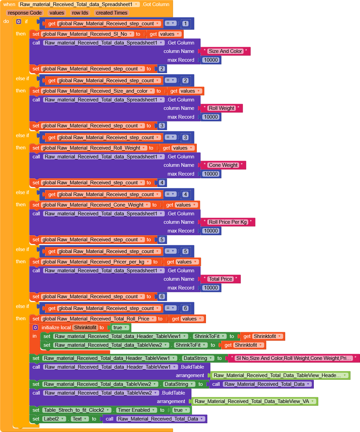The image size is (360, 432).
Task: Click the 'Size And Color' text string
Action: coord(225,51)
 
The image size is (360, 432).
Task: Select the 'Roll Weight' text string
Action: coord(221,108)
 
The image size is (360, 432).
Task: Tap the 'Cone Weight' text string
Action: coord(223,165)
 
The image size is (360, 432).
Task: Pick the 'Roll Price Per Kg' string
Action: coord(228,222)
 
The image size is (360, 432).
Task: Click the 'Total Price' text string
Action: coord(220,279)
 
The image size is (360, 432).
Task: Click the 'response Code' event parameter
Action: coord(25,13)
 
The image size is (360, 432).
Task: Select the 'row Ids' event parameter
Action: coord(80,13)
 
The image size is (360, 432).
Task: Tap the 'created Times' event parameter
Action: coord(112,13)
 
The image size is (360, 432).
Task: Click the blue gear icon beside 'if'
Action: coord(19,22)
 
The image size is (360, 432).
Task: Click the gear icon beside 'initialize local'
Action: coord(35,328)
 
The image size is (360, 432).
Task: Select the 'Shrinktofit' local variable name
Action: coord(85,328)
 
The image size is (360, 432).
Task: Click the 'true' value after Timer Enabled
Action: coord(180,410)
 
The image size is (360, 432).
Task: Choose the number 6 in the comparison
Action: coord(185,308)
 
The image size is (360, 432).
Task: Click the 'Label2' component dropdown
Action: coord(54,419)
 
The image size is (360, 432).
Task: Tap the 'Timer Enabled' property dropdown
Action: coord(136,410)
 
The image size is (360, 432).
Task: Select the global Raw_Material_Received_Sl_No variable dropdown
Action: coord(87,34)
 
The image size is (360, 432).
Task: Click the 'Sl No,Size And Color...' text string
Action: coord(293,358)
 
